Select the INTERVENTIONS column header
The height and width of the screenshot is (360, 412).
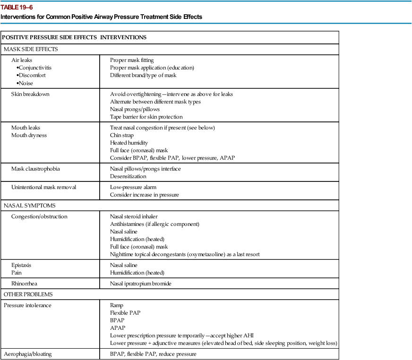point(123,37)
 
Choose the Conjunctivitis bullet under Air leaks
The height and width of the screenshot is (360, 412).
point(34,68)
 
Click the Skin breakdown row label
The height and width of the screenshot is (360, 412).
point(30,94)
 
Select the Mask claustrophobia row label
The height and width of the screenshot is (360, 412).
point(35,169)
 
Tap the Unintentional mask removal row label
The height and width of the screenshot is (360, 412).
point(43,187)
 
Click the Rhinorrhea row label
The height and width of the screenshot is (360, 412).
point(25,283)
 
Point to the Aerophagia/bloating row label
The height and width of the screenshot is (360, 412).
point(28,354)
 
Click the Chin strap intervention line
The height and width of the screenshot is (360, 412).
point(122,135)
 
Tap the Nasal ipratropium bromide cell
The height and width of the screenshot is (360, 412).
point(140,283)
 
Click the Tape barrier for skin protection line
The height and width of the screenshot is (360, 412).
point(146,117)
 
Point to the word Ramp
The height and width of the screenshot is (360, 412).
point(116,305)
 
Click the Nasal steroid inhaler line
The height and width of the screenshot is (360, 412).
point(134,216)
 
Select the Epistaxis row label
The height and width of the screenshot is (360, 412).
point(21,265)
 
